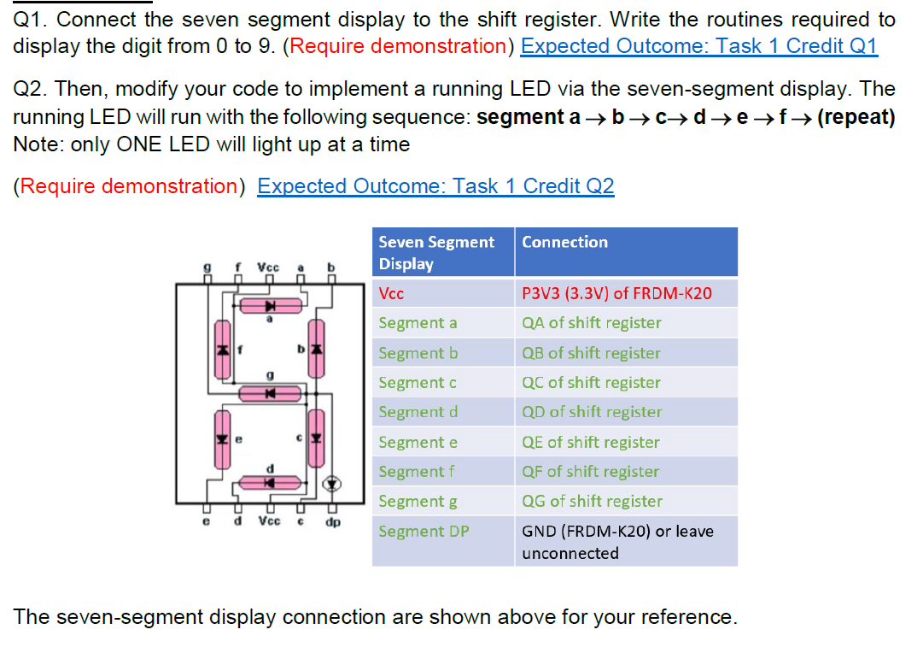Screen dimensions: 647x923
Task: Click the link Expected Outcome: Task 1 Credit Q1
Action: (x=698, y=46)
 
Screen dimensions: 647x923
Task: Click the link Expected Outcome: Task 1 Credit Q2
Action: (x=435, y=186)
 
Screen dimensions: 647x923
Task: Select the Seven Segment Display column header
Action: (x=436, y=252)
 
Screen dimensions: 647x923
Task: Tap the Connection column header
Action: (x=565, y=243)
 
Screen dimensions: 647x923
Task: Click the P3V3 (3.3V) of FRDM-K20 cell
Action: (x=616, y=294)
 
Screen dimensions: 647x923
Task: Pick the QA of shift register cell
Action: (x=592, y=323)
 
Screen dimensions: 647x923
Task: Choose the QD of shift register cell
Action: (x=592, y=412)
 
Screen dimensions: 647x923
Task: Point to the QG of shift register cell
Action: (x=592, y=502)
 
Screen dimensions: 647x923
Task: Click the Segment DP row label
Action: (x=424, y=532)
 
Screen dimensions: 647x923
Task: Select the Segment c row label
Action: (x=418, y=383)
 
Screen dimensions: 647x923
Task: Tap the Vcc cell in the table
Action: (x=392, y=294)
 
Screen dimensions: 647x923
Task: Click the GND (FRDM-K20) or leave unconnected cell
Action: (x=616, y=542)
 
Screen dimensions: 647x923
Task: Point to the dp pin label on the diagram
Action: (x=332, y=521)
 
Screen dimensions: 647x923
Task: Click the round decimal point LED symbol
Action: (x=332, y=485)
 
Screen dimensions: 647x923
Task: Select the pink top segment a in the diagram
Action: (x=270, y=305)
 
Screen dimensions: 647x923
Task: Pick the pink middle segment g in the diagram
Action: (x=270, y=393)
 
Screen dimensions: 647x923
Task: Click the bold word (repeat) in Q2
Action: (x=856, y=117)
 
